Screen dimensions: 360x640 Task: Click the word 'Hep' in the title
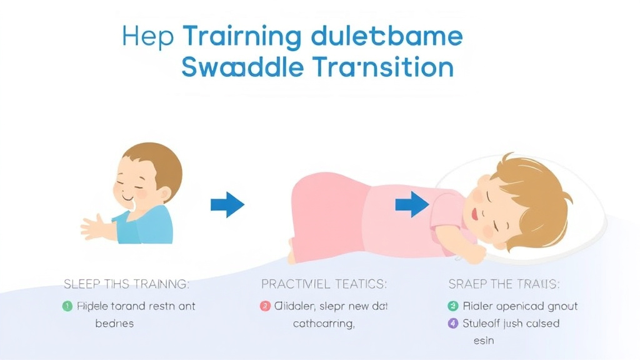tap(147, 36)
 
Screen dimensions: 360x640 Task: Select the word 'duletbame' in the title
tap(386, 36)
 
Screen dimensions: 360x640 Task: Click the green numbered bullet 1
tap(67, 306)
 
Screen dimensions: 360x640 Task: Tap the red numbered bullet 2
tap(264, 306)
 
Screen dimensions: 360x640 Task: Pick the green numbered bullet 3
tap(453, 306)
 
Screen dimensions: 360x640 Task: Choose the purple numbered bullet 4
tap(453, 324)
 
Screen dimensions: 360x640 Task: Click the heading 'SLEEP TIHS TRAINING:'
tap(126, 284)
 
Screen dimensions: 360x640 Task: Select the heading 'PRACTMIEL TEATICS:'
tap(324, 284)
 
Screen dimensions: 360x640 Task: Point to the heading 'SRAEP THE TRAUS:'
tap(504, 284)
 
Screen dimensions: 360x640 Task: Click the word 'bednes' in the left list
tap(114, 324)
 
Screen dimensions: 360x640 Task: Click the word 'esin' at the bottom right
tap(483, 341)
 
